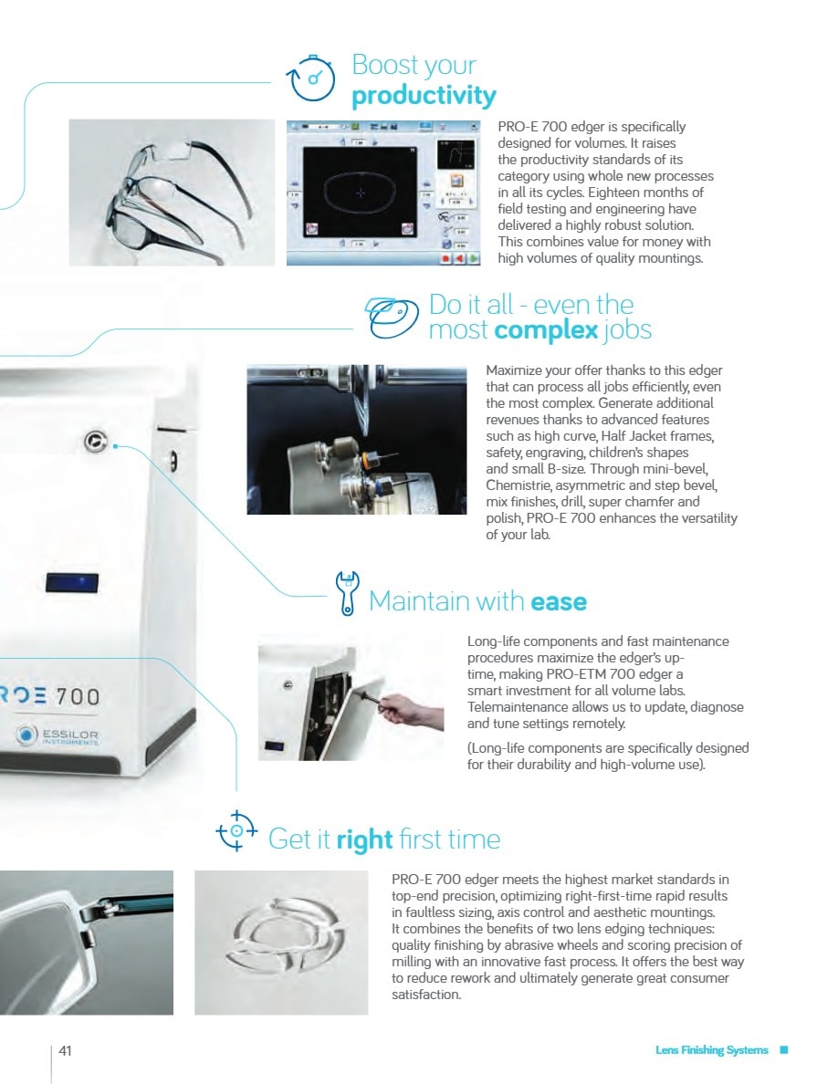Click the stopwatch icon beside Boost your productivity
click(311, 78)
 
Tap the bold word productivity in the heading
click(424, 96)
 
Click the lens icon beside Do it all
click(392, 318)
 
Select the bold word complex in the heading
click(546, 329)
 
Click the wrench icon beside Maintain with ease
click(346, 592)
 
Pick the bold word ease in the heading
click(559, 601)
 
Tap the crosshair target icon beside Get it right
click(236, 830)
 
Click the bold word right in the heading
click(364, 839)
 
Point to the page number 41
click(65, 1050)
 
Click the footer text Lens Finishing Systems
click(711, 1050)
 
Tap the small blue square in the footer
click(784, 1049)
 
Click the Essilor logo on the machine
click(58, 735)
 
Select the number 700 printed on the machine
click(78, 695)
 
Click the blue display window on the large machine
click(72, 583)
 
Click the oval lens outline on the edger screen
click(361, 193)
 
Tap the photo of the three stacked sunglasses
click(172, 193)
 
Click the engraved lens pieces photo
click(281, 943)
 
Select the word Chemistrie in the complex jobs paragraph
click(520, 485)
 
